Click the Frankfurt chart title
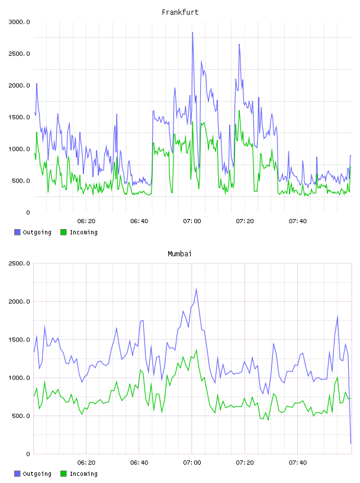(180, 12)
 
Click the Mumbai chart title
(179, 253)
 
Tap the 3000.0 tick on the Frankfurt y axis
(19, 22)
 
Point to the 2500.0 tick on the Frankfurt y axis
(19, 54)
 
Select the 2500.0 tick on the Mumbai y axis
(19, 263)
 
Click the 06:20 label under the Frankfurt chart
(86, 221)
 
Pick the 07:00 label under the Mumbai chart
(192, 462)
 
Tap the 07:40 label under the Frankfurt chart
(298, 221)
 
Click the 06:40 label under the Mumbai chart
(139, 462)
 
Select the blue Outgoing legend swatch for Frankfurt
(17, 232)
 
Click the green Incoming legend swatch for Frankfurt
(63, 232)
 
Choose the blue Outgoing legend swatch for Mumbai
(17, 474)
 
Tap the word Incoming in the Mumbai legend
(83, 474)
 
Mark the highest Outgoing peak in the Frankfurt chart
(192, 32)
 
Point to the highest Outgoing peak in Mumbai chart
(197, 289)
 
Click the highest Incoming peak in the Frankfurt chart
(239, 111)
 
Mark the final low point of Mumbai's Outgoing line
(351, 444)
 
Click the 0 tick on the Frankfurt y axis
(28, 212)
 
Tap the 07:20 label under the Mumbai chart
(245, 462)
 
